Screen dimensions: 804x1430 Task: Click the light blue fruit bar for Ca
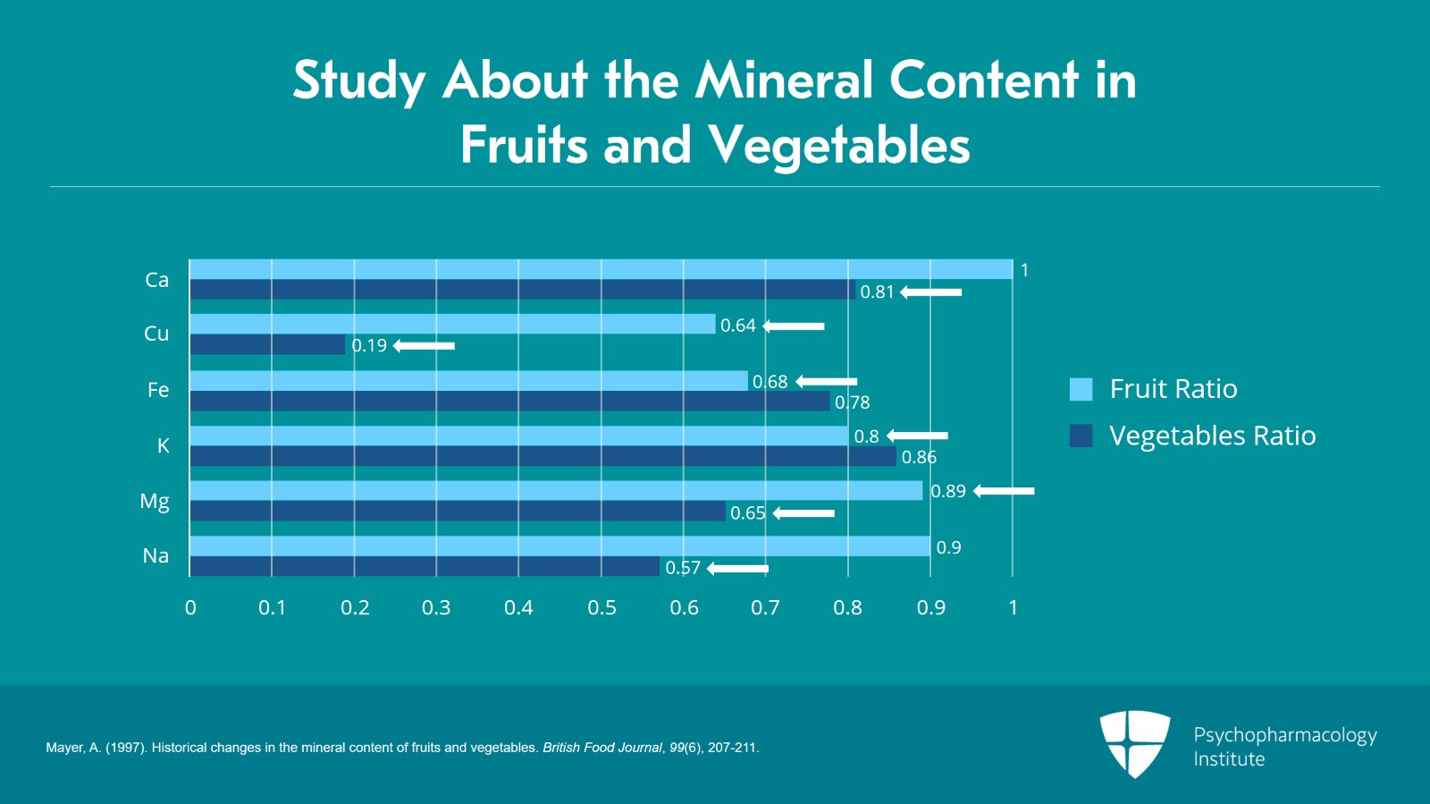click(x=599, y=269)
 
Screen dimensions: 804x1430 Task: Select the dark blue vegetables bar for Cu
click(x=268, y=344)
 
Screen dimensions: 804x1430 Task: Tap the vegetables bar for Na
click(x=425, y=566)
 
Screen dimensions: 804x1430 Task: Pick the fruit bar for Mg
click(x=554, y=490)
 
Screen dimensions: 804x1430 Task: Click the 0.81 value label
click(x=877, y=292)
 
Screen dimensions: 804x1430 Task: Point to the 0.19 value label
click(x=369, y=346)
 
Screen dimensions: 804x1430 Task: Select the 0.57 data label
click(x=683, y=568)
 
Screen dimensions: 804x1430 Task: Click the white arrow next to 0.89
click(x=1004, y=491)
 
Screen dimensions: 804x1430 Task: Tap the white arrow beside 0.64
click(x=794, y=326)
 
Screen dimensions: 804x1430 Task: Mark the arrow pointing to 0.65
click(x=803, y=513)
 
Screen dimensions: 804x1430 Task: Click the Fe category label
click(x=158, y=390)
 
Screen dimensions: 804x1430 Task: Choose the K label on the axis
click(x=163, y=445)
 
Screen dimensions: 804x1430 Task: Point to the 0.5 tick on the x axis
click(x=601, y=608)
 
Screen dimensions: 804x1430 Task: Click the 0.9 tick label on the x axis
click(x=930, y=608)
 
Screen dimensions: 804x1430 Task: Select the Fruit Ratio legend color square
click(x=1081, y=389)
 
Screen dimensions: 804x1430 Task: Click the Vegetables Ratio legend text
click(x=1212, y=436)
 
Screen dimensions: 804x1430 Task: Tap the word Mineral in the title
click(x=785, y=80)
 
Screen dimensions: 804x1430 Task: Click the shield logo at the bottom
click(x=1134, y=743)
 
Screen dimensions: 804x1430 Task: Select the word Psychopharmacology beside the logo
click(x=1284, y=735)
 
